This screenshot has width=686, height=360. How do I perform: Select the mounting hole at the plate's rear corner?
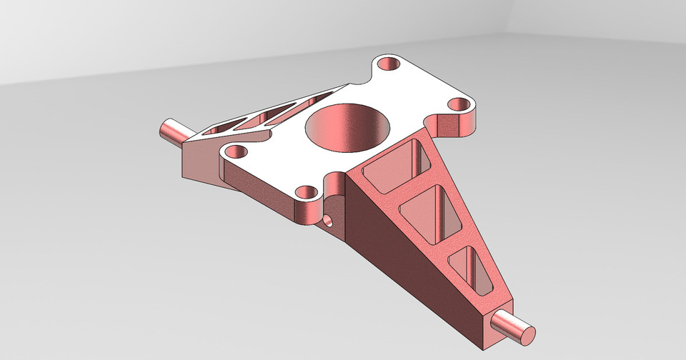(x=390, y=64)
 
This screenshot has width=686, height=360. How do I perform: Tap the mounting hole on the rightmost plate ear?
(x=458, y=105)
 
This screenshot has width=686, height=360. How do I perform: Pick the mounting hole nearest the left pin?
(x=237, y=151)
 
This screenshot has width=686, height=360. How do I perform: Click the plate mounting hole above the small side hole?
(x=307, y=191)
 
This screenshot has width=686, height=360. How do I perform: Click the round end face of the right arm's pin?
(x=520, y=332)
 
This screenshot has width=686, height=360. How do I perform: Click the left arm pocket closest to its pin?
(x=217, y=128)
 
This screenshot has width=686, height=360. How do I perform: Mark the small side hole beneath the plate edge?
(x=329, y=220)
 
